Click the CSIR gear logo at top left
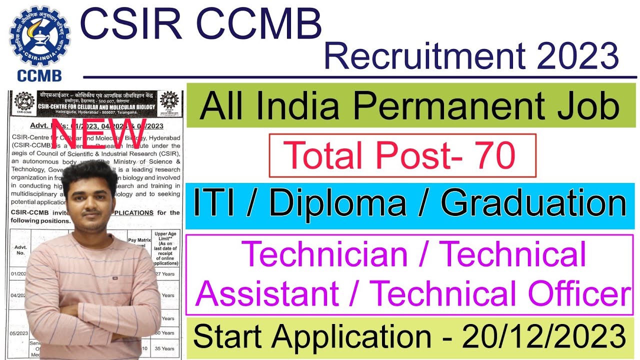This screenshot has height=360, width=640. pos(40,34)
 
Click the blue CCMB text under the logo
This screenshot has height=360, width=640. pos(39,75)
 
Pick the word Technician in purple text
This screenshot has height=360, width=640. pos(326,254)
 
